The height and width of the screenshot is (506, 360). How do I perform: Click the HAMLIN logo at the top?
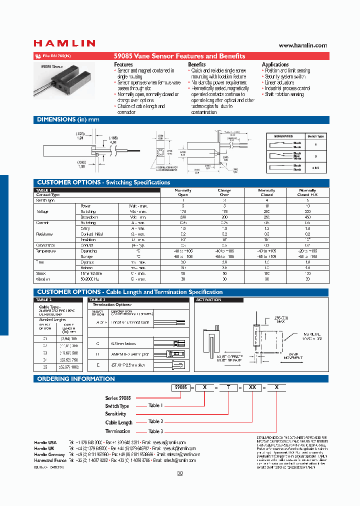coord(64,43)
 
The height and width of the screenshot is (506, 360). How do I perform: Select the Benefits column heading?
coord(196,64)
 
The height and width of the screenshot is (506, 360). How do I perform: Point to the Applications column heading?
coord(275,64)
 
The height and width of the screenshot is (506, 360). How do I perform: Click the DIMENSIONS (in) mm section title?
coord(68,120)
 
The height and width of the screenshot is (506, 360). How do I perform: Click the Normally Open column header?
coord(182,192)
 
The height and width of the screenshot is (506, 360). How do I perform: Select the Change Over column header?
coord(224,192)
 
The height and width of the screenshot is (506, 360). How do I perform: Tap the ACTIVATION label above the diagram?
coord(208,300)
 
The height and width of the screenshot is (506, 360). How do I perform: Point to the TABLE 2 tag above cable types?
coord(44,300)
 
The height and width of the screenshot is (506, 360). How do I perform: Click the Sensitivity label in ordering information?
coord(115,414)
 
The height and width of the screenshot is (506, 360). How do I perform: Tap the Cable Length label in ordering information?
coord(118,422)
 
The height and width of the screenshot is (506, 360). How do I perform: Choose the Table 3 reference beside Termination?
coord(155,431)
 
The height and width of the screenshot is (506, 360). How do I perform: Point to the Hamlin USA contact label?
coord(45,442)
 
